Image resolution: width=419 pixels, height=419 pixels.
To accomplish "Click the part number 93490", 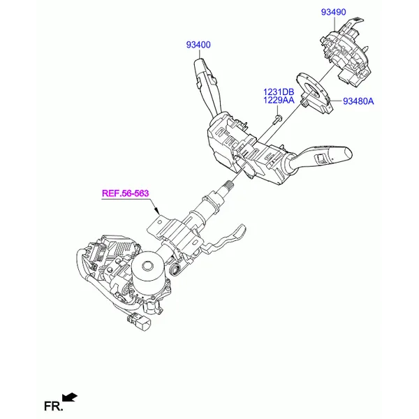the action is pos(333,12).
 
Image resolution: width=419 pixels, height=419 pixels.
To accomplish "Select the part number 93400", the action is pos(198,45).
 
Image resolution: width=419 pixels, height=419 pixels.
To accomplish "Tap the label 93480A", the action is pos(358,101).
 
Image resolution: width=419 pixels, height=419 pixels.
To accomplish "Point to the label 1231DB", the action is pos(279,92).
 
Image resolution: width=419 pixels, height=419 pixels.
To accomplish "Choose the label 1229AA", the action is pos(279,100).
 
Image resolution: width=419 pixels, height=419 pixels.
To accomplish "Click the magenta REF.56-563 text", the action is pos(125,193).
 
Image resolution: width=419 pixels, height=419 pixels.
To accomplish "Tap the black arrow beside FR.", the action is pos(69,397).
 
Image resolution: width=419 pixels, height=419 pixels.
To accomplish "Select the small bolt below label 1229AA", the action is pos(277,119).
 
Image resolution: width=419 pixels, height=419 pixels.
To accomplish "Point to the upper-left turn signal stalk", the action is pos(207,85).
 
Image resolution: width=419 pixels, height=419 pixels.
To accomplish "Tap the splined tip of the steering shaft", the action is pos(228,184).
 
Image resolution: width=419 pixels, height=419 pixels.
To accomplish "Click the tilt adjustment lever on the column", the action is pos(224,239).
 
